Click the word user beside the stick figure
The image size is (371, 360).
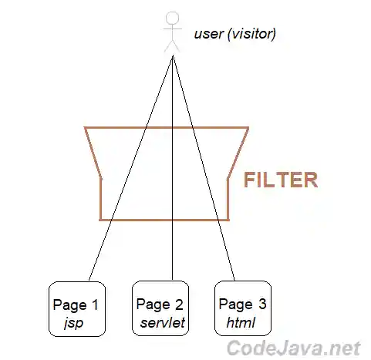pyautogui.click(x=206, y=34)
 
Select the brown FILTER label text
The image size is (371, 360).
pyautogui.click(x=281, y=180)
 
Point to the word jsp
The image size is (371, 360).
pyautogui.click(x=74, y=321)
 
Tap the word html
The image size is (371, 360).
pyautogui.click(x=240, y=321)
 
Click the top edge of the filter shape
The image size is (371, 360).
pyautogui.click(x=167, y=127)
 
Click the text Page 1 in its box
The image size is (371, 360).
pyautogui.click(x=76, y=304)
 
